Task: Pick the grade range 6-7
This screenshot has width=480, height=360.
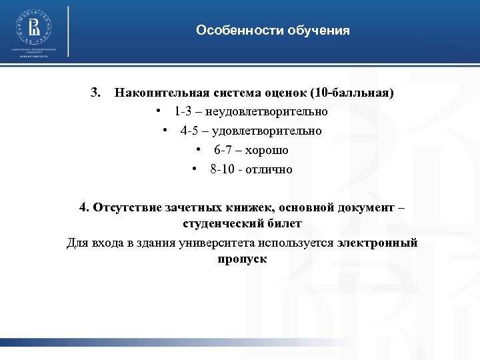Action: point(223,150)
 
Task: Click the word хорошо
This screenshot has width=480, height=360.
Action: point(267,150)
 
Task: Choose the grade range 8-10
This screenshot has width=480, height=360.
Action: point(223,169)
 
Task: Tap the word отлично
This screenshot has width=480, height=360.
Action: point(269,169)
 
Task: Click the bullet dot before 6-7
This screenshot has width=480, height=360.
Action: point(199,150)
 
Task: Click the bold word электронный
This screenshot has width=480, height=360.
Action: point(377,243)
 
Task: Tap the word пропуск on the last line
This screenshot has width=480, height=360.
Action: point(241,259)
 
